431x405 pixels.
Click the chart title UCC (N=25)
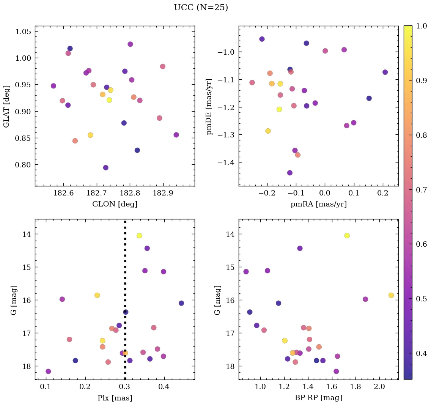click(x=201, y=8)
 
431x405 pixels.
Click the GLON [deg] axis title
click(x=115, y=204)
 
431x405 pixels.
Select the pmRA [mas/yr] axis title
click(x=318, y=204)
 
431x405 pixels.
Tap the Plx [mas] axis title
click(x=115, y=398)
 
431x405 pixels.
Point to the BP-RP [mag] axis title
click(x=318, y=398)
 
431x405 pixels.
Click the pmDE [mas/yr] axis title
click(x=209, y=107)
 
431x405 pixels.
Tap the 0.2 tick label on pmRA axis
click(x=383, y=194)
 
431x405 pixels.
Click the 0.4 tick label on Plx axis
click(x=164, y=387)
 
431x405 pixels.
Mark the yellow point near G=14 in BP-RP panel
click(x=347, y=236)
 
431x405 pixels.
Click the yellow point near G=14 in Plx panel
click(x=139, y=236)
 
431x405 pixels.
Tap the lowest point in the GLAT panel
click(x=106, y=168)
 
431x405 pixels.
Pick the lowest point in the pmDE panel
click(x=290, y=173)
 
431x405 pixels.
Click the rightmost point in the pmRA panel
click(x=385, y=72)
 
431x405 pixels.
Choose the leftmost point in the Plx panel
click(x=48, y=371)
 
